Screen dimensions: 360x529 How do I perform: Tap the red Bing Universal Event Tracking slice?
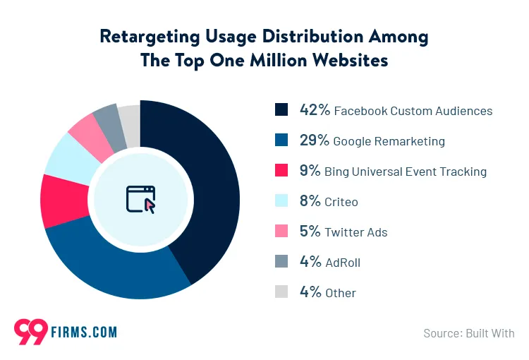60,200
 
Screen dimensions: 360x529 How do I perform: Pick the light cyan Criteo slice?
71,155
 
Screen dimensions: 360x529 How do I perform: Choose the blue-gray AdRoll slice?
108,116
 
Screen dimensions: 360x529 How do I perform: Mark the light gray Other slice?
130,113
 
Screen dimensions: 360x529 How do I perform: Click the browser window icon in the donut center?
140,199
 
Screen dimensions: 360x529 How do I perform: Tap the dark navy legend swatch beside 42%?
281,110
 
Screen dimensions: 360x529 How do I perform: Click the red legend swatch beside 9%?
281,171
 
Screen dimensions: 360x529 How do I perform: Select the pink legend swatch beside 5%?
281,232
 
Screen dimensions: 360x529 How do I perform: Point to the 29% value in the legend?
315,140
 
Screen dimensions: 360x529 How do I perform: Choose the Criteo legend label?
341,202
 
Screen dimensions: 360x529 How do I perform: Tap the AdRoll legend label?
343,263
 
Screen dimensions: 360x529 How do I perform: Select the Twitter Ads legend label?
356,232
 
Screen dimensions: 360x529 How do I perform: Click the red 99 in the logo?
30,330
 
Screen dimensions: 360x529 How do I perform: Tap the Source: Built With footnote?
469,332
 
